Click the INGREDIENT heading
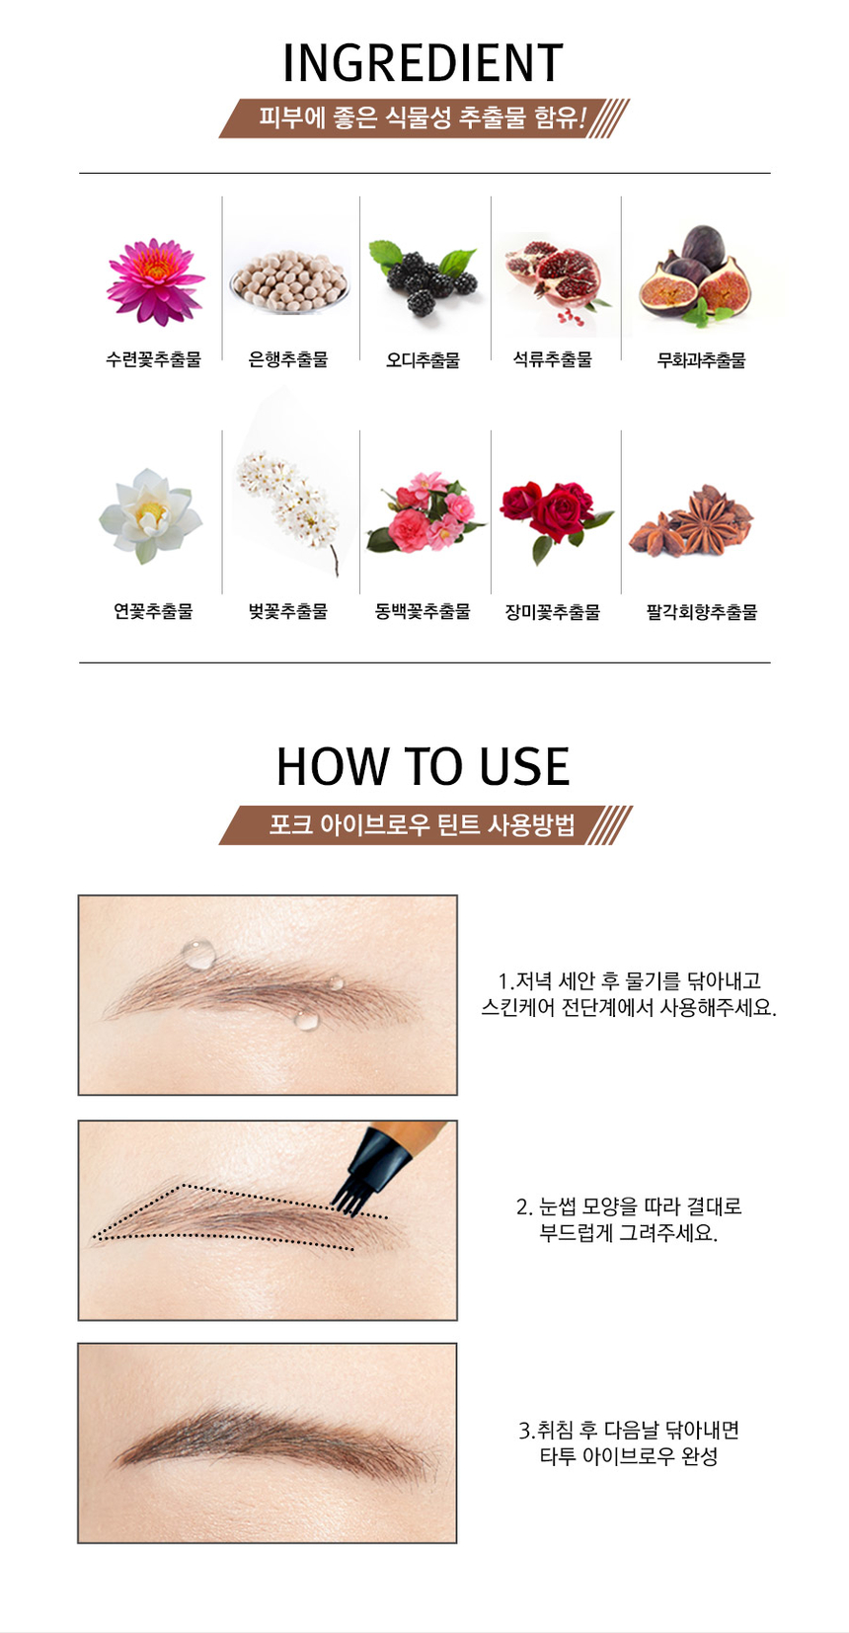[x=424, y=63]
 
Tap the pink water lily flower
[x=155, y=280]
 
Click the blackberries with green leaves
[x=424, y=278]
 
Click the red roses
[x=556, y=514]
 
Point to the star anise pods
[x=691, y=522]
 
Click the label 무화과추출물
[x=701, y=359]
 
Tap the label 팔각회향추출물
[x=701, y=612]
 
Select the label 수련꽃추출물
[x=153, y=358]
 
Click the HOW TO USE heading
[x=424, y=767]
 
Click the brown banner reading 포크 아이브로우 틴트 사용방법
[x=424, y=825]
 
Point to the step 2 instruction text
[x=628, y=1219]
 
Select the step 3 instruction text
[x=628, y=1442]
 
